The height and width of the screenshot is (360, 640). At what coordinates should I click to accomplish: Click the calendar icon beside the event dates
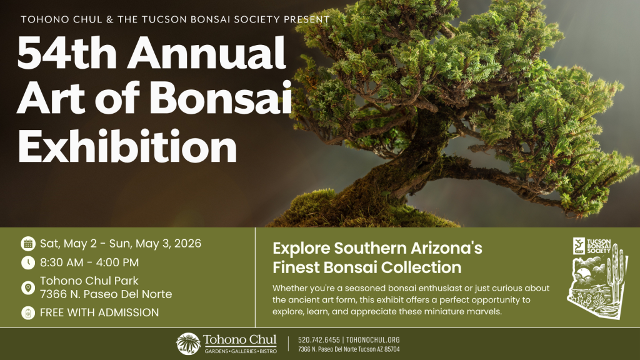(28, 244)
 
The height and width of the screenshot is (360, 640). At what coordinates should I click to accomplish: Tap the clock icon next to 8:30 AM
(28, 262)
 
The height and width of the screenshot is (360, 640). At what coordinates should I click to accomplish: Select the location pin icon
(28, 287)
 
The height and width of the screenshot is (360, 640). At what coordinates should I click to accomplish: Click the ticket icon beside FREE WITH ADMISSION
(28, 312)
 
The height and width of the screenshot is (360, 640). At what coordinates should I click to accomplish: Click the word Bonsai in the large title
(221, 98)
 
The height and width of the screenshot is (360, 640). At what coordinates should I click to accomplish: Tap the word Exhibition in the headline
(127, 146)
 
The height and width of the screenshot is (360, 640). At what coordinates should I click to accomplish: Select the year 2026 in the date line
(187, 244)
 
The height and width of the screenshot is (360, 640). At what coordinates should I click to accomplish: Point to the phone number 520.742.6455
(319, 340)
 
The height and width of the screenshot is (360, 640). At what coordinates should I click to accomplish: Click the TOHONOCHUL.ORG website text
(373, 340)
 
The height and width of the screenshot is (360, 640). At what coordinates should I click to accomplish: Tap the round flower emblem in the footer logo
(188, 344)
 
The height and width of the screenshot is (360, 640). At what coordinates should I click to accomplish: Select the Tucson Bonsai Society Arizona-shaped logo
(598, 278)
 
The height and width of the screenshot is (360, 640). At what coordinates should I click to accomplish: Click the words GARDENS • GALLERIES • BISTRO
(241, 351)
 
